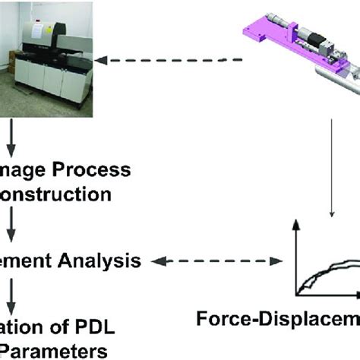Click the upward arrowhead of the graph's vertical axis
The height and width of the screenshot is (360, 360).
(297, 223)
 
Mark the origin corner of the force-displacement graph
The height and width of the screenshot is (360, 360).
(297, 294)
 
